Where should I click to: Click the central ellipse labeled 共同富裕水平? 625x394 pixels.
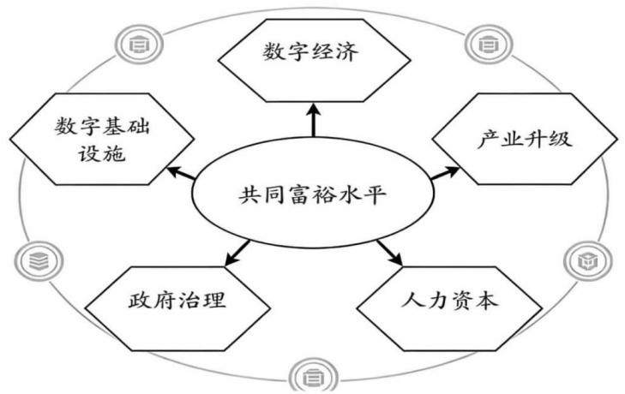pyautogui.click(x=313, y=194)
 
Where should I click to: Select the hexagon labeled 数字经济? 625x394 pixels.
pyautogui.click(x=314, y=60)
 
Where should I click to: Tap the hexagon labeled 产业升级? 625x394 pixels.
pyautogui.click(x=524, y=139)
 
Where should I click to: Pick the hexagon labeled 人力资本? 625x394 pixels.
pyautogui.click(x=449, y=308)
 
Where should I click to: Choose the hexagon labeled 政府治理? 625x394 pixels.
pyautogui.click(x=177, y=308)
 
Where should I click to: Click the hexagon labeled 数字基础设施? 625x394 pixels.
pyautogui.click(x=102, y=139)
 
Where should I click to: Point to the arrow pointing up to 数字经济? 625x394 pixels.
pyautogui.click(x=314, y=120)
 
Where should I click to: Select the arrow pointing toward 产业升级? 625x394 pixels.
pyautogui.click(x=445, y=173)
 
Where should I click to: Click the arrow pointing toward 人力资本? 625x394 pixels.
pyautogui.click(x=390, y=253)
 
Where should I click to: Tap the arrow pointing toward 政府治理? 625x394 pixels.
pyautogui.click(x=237, y=253)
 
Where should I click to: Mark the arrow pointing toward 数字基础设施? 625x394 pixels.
pyautogui.click(x=182, y=173)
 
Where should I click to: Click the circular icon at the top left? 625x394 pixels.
pyautogui.click(x=139, y=44)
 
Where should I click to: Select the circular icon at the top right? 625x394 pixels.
pyautogui.click(x=489, y=44)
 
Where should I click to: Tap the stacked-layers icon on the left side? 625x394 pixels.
pyautogui.click(x=39, y=261)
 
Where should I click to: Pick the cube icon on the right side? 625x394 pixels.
pyautogui.click(x=588, y=261)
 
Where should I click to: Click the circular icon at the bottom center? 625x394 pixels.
pyautogui.click(x=313, y=376)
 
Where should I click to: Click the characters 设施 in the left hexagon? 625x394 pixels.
pyautogui.click(x=102, y=153)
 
